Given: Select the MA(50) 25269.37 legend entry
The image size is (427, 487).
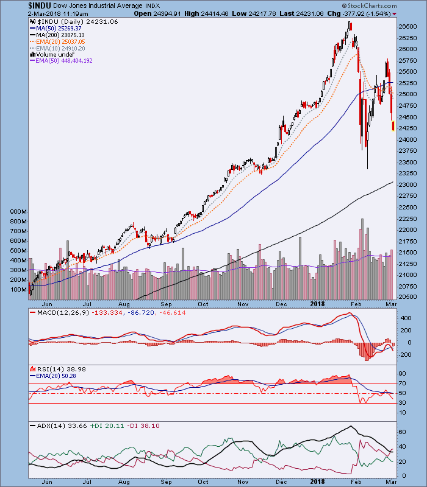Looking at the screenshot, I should pyautogui.click(x=59, y=27).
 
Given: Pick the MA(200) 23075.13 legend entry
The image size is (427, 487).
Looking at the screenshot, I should pyautogui.click(x=61, y=34).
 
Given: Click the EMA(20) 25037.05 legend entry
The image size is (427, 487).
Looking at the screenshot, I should pyautogui.click(x=62, y=41).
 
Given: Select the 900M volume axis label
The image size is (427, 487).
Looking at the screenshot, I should pyautogui.click(x=19, y=211).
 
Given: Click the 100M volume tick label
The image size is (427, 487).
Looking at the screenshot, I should pyautogui.click(x=19, y=289).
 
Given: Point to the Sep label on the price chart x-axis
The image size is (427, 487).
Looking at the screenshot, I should pyautogui.click(x=165, y=303).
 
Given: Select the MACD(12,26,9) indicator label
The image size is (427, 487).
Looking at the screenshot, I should pyautogui.click(x=56, y=312).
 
